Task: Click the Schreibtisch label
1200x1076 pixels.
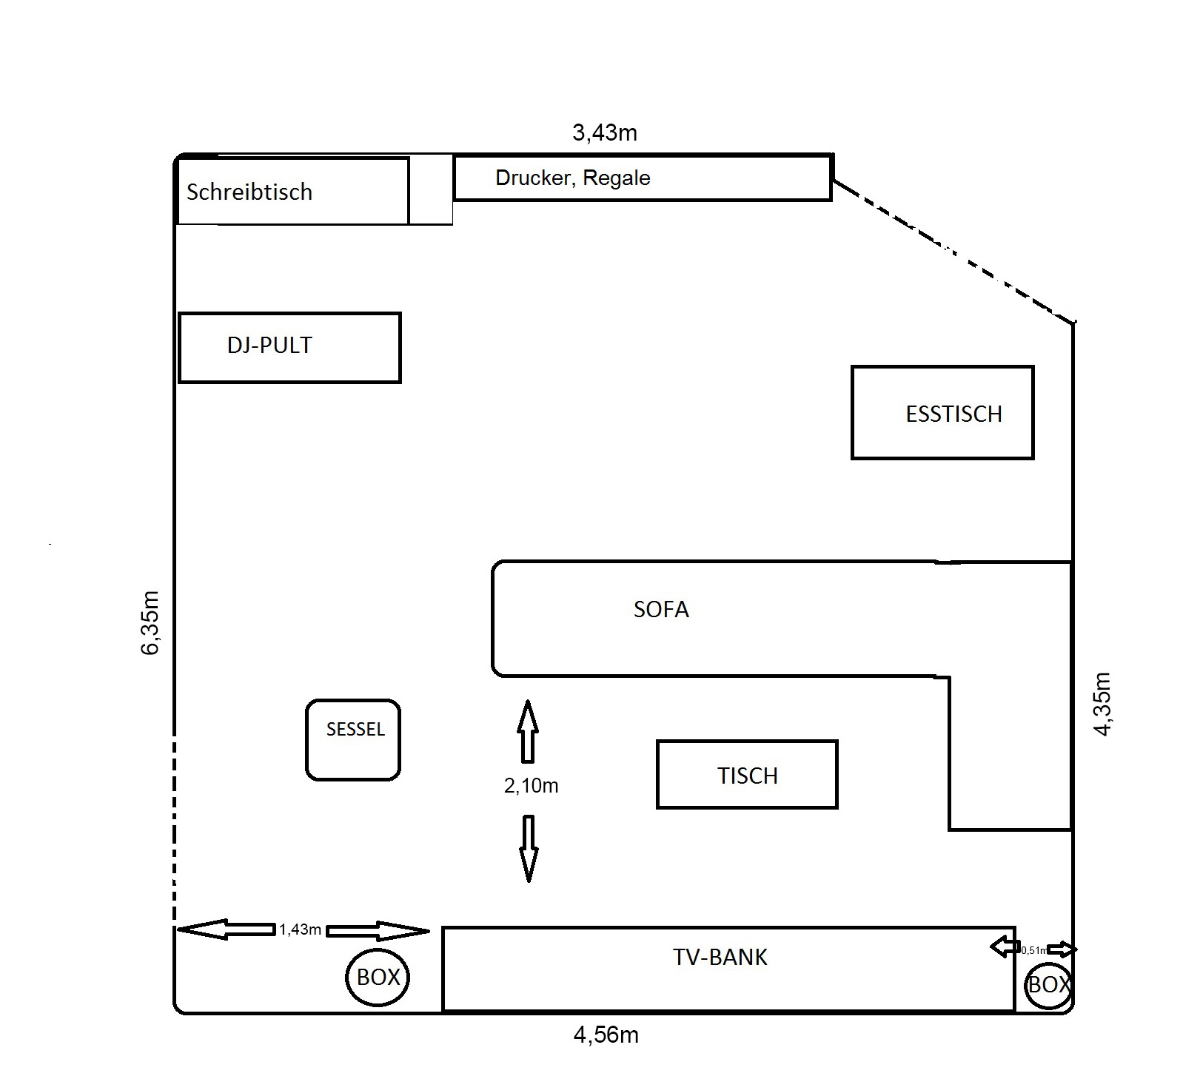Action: tap(249, 192)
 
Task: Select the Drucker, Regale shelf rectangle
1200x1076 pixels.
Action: tap(642, 178)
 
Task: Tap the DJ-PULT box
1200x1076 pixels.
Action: tap(289, 347)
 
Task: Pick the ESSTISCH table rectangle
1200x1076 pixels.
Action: tap(942, 412)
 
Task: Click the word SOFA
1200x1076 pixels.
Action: tap(661, 610)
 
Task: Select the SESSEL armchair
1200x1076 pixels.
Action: tap(353, 739)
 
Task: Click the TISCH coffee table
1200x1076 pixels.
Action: tap(747, 774)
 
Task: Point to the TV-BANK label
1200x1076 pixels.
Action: tap(720, 958)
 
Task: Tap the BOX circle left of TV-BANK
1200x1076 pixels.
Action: tap(378, 977)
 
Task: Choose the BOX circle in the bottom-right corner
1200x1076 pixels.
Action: tap(1048, 985)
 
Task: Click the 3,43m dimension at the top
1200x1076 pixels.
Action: tap(605, 133)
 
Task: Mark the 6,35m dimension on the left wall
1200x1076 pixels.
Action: tap(150, 623)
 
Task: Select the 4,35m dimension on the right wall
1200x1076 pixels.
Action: tap(1103, 704)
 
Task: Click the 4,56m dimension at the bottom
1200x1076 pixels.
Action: tap(606, 1035)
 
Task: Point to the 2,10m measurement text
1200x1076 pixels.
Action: tap(531, 786)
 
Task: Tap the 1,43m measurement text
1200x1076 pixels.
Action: tap(300, 929)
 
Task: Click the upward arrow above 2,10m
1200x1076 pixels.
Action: tap(527, 731)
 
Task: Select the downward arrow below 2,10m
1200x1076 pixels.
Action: tap(529, 848)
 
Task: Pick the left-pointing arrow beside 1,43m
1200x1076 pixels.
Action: tap(226, 929)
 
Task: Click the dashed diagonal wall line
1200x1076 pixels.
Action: tap(953, 251)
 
